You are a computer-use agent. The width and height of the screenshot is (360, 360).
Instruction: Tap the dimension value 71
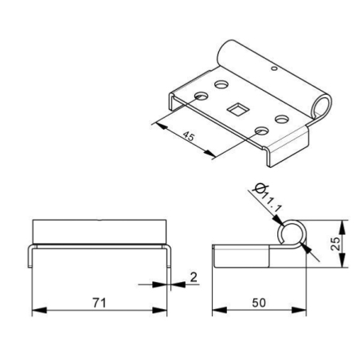pyautogui.click(x=99, y=303)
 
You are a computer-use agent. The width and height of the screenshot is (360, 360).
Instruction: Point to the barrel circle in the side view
pyautogui.click(x=293, y=232)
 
